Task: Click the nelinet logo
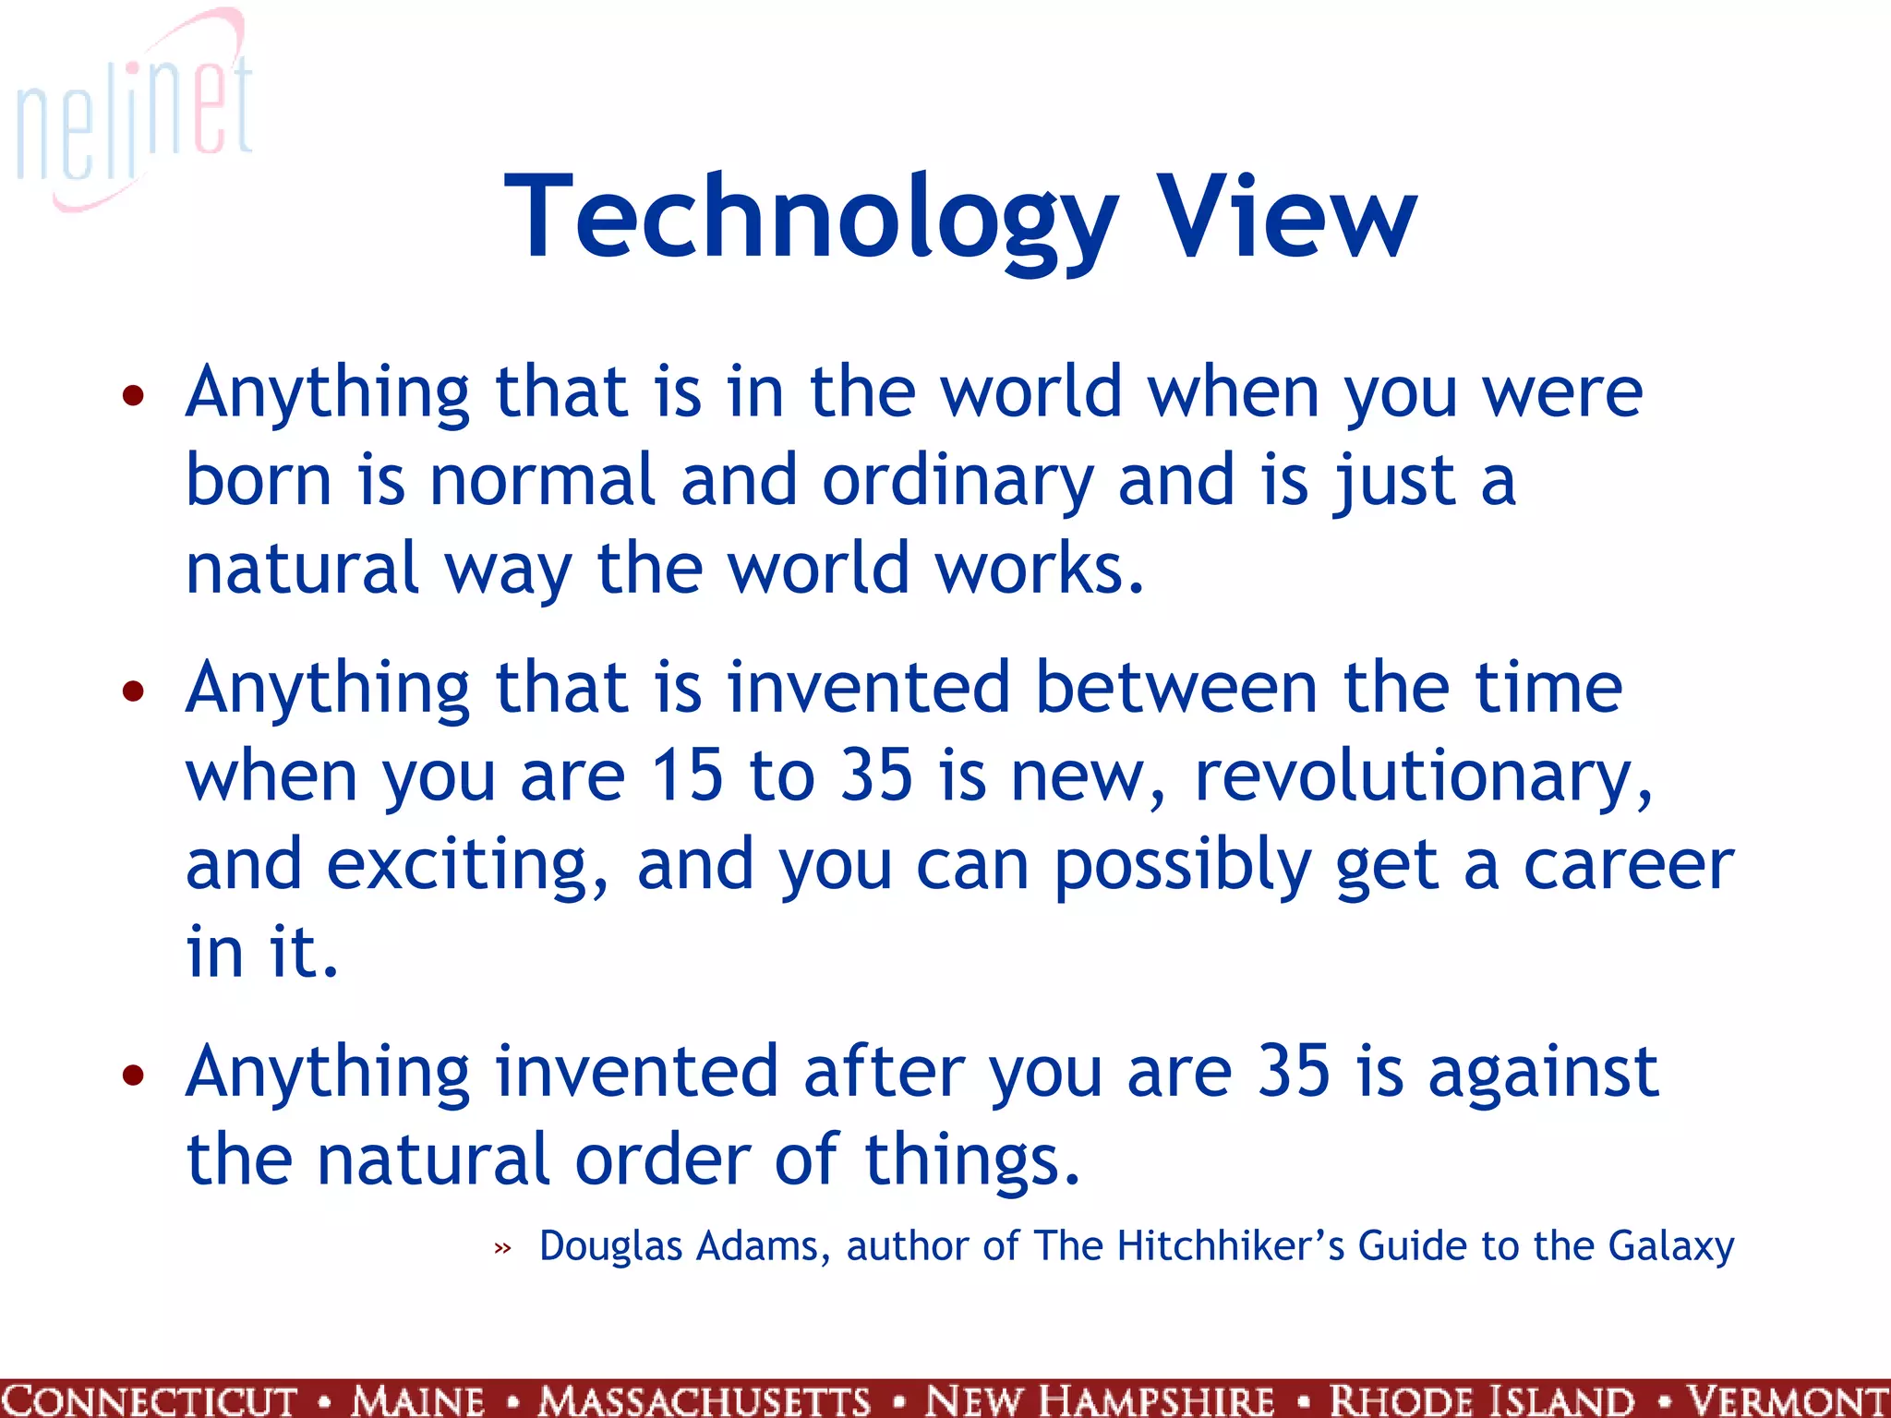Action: pos(134,111)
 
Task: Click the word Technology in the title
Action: pos(811,219)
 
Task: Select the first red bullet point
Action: pos(134,396)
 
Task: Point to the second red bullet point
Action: pos(134,691)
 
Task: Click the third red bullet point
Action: pos(134,1075)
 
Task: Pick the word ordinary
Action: pos(958,482)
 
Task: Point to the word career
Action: pos(1629,865)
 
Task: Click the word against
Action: pos(1543,1074)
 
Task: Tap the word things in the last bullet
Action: pos(971,1161)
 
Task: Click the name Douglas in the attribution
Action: pos(611,1246)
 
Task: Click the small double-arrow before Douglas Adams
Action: pos(502,1249)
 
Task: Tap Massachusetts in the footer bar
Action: pos(705,1400)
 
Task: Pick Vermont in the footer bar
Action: pos(1786,1400)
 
